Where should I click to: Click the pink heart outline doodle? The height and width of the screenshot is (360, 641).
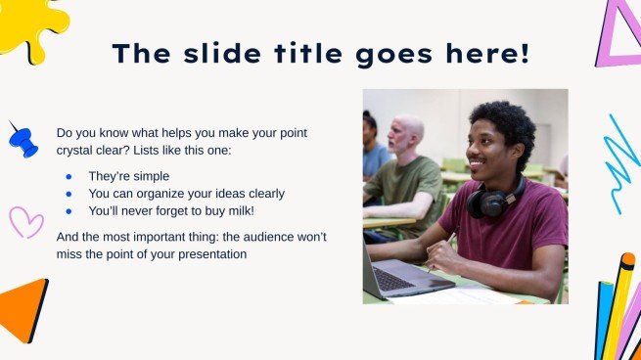pos(25,221)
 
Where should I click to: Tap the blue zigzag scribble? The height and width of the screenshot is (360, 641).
pos(621,162)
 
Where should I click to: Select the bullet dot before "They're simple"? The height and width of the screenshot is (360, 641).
pos(69,177)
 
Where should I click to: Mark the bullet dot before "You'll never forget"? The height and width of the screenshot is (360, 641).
pos(69,210)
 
